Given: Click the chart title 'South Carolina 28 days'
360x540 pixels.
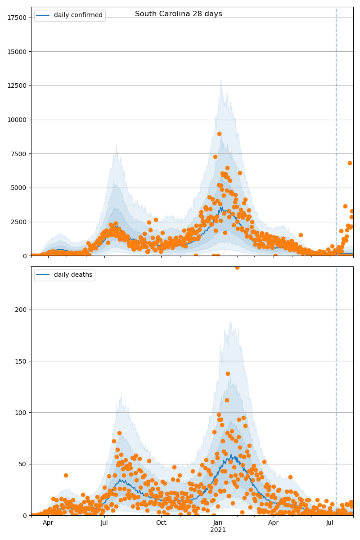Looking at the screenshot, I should point(178,14).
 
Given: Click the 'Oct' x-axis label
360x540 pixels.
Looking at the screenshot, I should point(161,522).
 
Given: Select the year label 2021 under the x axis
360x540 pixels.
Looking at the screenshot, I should point(218,530).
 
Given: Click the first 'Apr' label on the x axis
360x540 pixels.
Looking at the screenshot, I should point(48,522).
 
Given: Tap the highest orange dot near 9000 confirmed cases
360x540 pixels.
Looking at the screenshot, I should point(219,134).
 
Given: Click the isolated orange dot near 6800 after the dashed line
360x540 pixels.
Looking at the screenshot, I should point(350,163).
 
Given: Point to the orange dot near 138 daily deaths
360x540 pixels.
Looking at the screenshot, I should point(228,373).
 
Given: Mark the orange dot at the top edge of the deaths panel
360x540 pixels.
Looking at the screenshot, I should point(237,267).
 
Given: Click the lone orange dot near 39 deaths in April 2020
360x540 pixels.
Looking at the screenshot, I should point(66,475).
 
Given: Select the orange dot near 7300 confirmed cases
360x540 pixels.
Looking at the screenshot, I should point(215,157).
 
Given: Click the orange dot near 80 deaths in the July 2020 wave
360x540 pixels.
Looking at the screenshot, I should point(119,433).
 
